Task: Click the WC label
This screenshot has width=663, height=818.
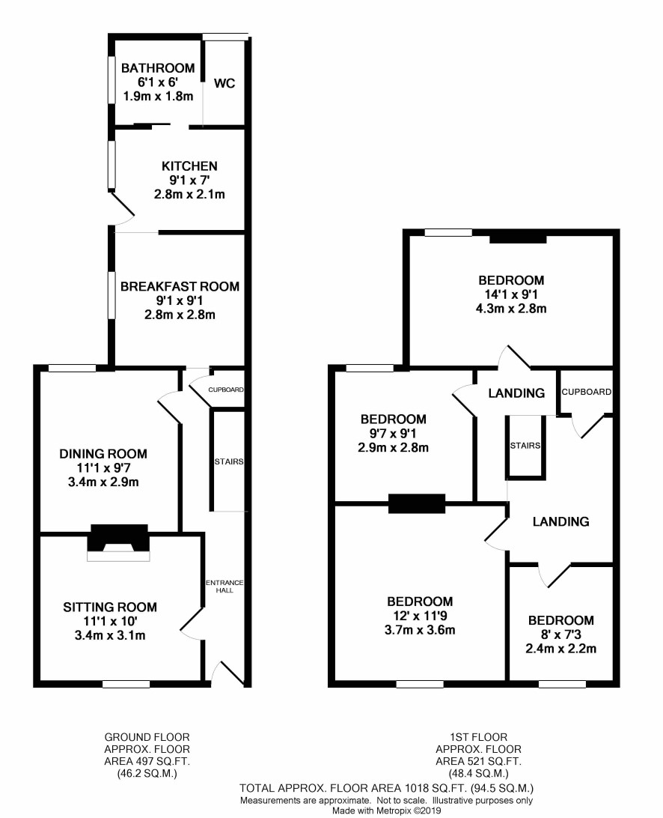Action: [x=224, y=83]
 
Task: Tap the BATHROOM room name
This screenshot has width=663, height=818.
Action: [x=158, y=68]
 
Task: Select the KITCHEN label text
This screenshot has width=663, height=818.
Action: [x=189, y=166]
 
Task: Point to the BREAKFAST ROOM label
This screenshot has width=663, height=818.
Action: [x=180, y=286]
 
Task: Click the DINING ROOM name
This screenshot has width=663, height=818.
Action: [x=103, y=453]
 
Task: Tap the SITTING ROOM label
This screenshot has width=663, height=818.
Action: [x=110, y=607]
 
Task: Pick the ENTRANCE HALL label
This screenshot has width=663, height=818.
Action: [x=224, y=587]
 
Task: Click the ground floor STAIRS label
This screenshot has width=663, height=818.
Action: [x=229, y=461]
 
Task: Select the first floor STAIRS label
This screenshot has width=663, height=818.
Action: [x=525, y=446]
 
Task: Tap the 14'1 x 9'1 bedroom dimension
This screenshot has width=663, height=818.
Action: [x=511, y=294]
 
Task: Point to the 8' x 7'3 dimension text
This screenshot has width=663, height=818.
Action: [x=560, y=634]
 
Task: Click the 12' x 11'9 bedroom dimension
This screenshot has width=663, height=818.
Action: [x=420, y=616]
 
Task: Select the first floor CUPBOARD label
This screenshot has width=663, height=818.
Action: [x=587, y=392]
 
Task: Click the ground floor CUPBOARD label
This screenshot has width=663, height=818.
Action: [x=226, y=390]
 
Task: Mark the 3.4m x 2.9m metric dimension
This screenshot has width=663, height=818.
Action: [x=103, y=482]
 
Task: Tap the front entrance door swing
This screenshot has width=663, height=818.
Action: [x=227, y=673]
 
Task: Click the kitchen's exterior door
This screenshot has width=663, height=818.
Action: [x=123, y=209]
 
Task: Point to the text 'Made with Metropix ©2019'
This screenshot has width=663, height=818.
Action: [x=386, y=811]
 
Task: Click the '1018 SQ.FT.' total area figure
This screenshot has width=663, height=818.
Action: [x=436, y=788]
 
